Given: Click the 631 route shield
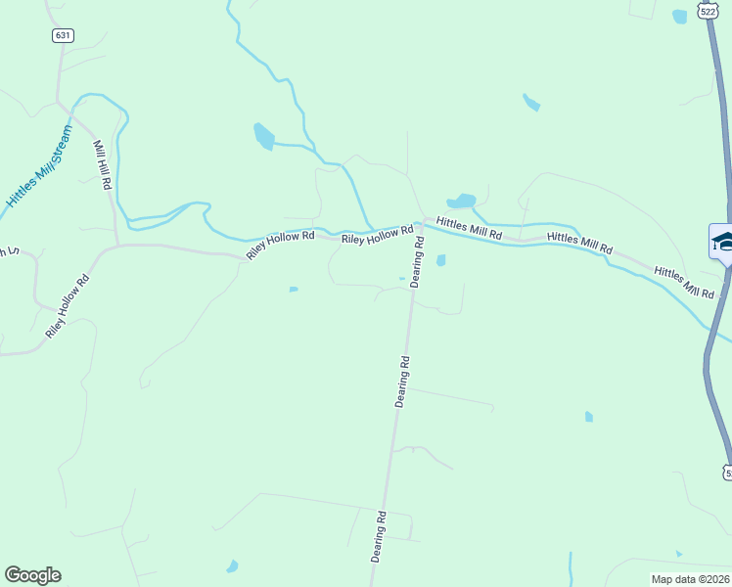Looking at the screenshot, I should pyautogui.click(x=64, y=35).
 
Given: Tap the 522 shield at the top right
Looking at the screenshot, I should pyautogui.click(x=708, y=11).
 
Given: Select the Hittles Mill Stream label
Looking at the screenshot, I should pyautogui.click(x=40, y=165).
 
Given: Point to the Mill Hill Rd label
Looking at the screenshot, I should pyautogui.click(x=102, y=164).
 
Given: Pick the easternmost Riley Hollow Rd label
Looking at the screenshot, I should pyautogui.click(x=378, y=236).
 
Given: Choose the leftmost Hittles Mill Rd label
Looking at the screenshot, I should pyautogui.click(x=469, y=229).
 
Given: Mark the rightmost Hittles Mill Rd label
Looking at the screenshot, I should pyautogui.click(x=685, y=282).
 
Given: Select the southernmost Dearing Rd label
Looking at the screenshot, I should pyautogui.click(x=378, y=536).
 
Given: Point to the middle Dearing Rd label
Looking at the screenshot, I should pyautogui.click(x=402, y=382).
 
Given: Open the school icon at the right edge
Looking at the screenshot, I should pyautogui.click(x=722, y=242).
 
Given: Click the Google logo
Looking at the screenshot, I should pyautogui.click(x=32, y=575).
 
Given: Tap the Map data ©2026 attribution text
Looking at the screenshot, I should pyautogui.click(x=691, y=579).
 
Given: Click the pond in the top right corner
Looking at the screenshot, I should pyautogui.click(x=679, y=16).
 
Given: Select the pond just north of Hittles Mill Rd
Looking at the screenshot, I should pyautogui.click(x=462, y=201).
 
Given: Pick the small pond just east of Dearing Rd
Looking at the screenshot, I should pyautogui.click(x=441, y=260).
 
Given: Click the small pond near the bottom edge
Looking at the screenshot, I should pyautogui.click(x=232, y=565).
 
